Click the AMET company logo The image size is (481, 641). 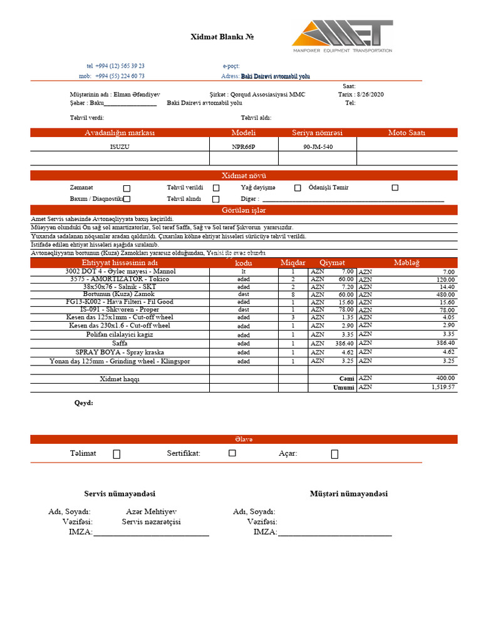pos(342,36)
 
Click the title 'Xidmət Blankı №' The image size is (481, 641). pos(222,37)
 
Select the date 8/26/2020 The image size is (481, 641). pos(369,95)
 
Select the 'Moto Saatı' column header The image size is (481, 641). pos(406,133)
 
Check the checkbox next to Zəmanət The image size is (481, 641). pos(127,188)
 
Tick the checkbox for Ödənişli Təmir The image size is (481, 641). pos(395,188)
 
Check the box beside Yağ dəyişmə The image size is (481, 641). pos(297,188)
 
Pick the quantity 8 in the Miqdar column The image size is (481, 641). pos(292,294)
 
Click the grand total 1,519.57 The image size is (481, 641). pos(442,387)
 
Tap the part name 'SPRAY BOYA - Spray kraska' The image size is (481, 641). pos(120,352)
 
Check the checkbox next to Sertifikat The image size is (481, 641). pos(232,453)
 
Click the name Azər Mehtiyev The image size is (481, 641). pos(151,511)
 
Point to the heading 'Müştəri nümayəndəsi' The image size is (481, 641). pos(348,494)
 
